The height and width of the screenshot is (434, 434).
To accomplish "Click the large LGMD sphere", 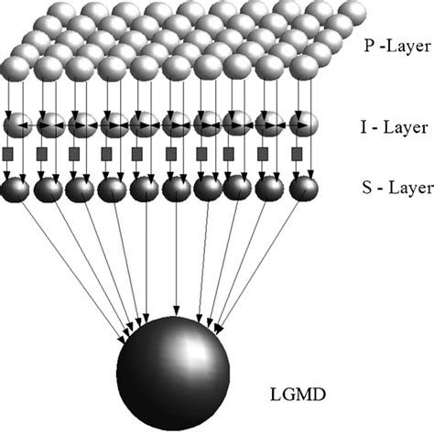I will (173, 371).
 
